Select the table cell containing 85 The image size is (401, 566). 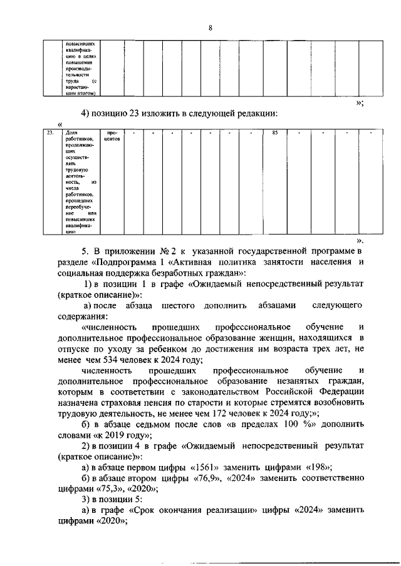274,133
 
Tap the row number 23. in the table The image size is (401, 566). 49,133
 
